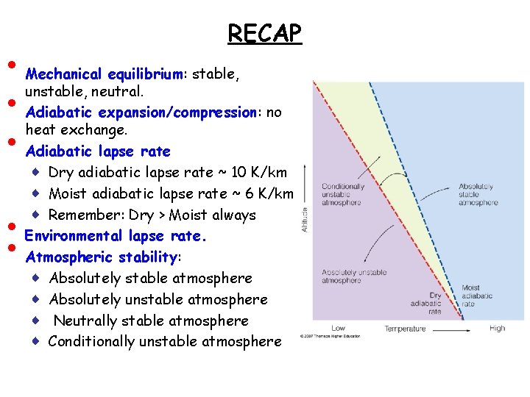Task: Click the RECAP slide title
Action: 264,33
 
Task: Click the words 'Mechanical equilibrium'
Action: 104,74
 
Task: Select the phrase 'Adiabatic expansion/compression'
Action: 140,112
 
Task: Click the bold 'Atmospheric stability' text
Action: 101,257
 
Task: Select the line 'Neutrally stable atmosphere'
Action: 151,321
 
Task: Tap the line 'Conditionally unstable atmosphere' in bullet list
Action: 165,342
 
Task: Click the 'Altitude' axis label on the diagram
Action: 305,218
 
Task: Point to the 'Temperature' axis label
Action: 404,329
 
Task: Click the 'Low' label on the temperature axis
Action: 339,329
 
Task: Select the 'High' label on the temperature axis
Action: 497,329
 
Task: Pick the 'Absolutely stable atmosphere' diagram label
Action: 478,194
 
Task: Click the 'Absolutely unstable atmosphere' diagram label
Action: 353,276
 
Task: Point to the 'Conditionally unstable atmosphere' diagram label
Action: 342,194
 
